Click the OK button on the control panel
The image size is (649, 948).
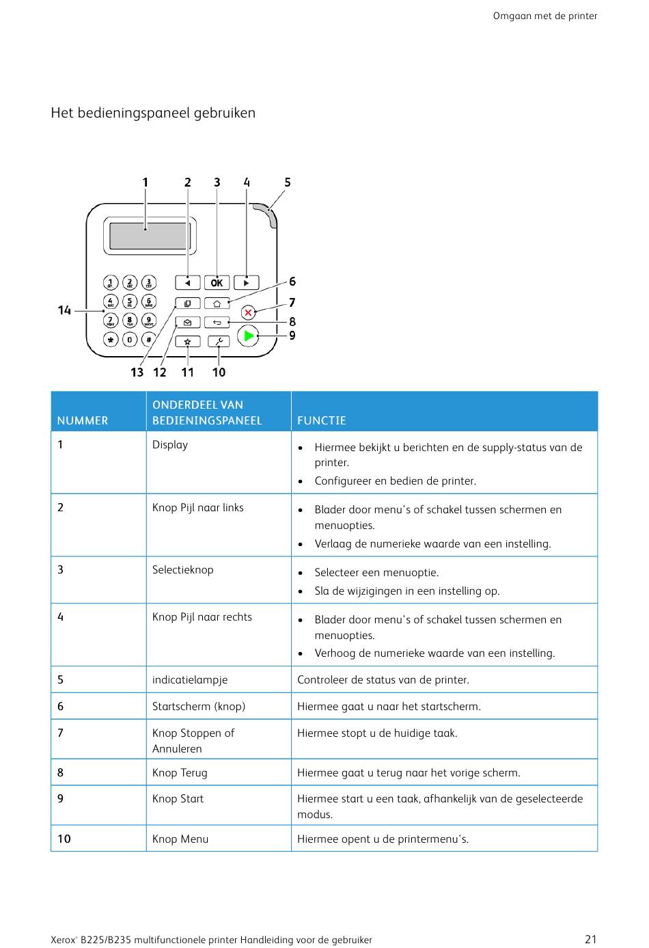click(217, 282)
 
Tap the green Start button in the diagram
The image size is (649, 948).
click(248, 336)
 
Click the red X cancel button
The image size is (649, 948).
click(248, 312)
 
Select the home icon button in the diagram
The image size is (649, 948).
click(217, 303)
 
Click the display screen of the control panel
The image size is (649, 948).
click(150, 236)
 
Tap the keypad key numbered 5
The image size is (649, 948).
click(130, 301)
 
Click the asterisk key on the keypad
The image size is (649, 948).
click(111, 339)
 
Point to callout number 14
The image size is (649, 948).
click(64, 310)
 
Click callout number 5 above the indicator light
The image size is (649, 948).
click(288, 182)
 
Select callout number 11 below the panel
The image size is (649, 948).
click(188, 373)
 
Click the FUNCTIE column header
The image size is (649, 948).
click(322, 420)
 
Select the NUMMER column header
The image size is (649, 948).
click(83, 420)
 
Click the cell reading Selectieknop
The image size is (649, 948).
click(183, 570)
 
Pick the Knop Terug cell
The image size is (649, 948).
click(180, 773)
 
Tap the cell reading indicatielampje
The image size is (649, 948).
click(190, 680)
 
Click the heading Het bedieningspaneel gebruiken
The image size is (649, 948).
click(153, 113)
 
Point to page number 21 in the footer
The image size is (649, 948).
click(591, 939)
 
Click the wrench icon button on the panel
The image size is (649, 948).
click(219, 341)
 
